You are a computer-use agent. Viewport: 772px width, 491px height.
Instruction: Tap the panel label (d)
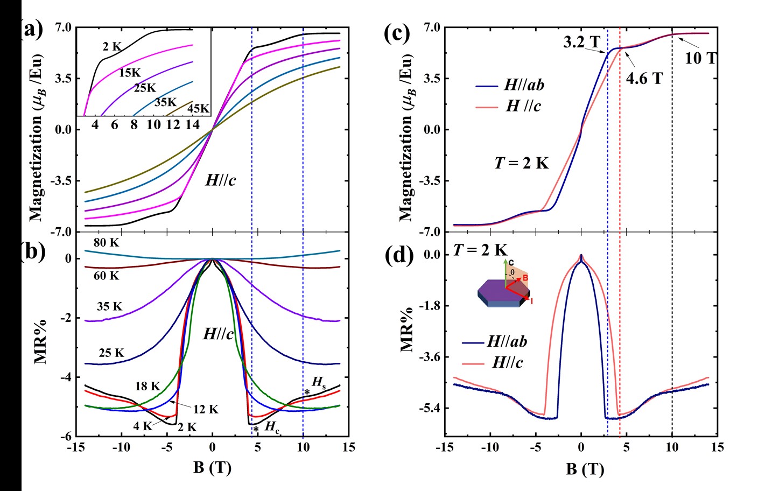pos(399,255)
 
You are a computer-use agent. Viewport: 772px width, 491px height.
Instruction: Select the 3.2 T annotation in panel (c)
pos(581,42)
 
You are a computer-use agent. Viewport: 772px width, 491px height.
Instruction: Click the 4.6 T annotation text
pos(644,79)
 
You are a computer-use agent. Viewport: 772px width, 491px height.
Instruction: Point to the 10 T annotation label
pos(700,58)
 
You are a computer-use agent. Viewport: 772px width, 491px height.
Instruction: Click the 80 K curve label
pos(106,243)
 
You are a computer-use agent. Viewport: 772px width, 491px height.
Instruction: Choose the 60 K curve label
pos(106,276)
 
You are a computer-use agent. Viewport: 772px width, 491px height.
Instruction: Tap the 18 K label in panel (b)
pos(148,386)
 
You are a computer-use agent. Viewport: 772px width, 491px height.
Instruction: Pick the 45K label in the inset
pos(198,109)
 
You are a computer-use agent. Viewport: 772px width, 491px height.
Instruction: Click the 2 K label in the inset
pos(113,47)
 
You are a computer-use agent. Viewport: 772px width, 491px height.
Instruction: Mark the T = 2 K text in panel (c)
pos(521,163)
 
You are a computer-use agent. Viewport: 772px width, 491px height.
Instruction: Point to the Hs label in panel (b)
pos(319,383)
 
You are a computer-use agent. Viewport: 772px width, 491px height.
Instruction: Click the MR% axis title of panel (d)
pos(408,328)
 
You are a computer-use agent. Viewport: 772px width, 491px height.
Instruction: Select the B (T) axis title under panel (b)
pos(212,467)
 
